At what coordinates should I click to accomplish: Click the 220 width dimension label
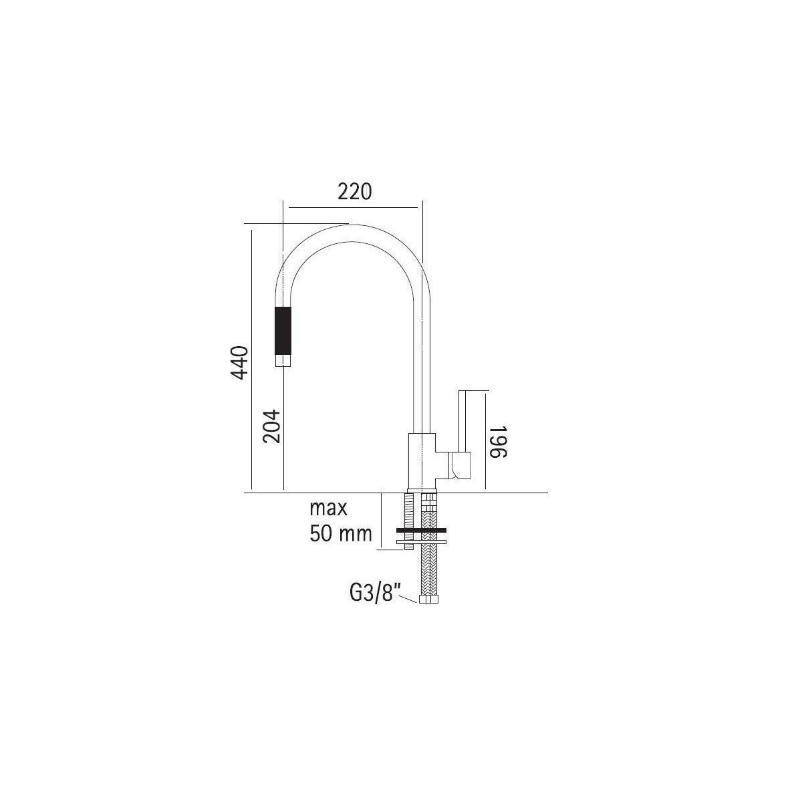pyautogui.click(x=354, y=191)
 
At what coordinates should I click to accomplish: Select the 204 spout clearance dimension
pyautogui.click(x=271, y=426)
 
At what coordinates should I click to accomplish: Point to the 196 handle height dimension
pyautogui.click(x=498, y=442)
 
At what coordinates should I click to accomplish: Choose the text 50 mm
pyautogui.click(x=340, y=533)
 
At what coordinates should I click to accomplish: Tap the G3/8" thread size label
pyautogui.click(x=371, y=593)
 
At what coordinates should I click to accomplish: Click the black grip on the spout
pyautogui.click(x=283, y=330)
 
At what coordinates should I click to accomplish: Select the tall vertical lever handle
pyautogui.click(x=463, y=421)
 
